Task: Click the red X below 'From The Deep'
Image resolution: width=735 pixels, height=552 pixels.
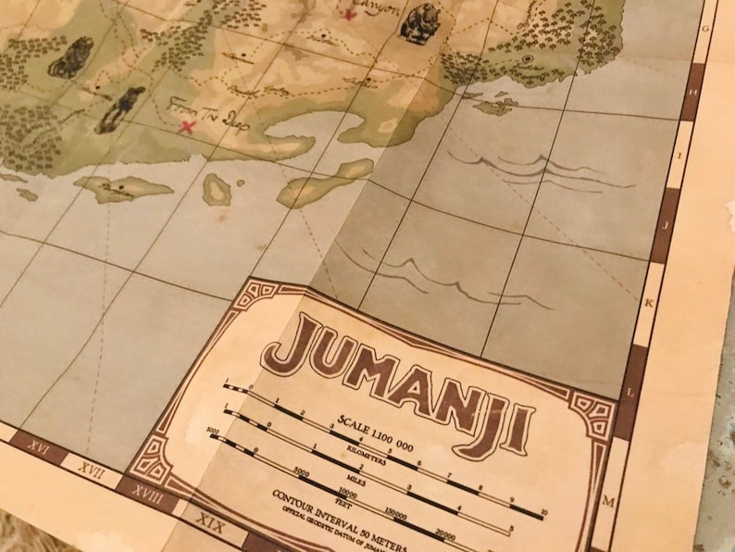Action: pos(188,126)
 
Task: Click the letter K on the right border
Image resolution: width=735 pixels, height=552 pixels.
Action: pos(650,304)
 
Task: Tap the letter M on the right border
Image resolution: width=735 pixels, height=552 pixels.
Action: pos(609,502)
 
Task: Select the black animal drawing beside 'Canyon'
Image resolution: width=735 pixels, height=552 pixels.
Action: pos(419,24)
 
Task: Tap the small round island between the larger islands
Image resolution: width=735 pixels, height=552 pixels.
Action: pos(218,190)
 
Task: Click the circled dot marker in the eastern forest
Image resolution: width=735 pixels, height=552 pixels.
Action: pos(527,59)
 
